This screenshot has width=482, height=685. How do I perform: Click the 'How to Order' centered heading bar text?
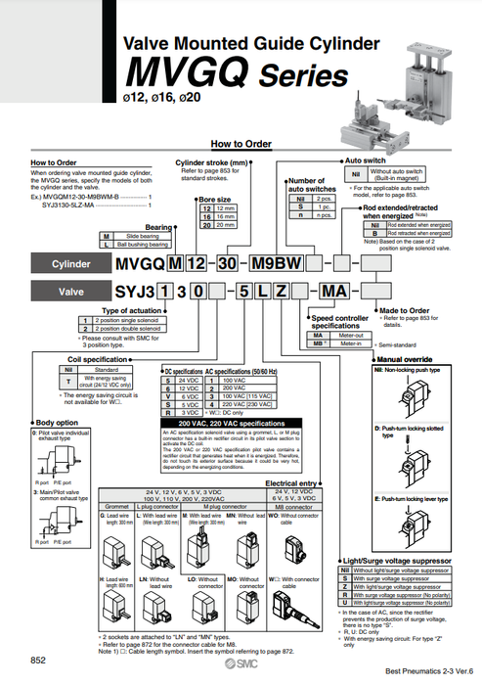pyautogui.click(x=241, y=144)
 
